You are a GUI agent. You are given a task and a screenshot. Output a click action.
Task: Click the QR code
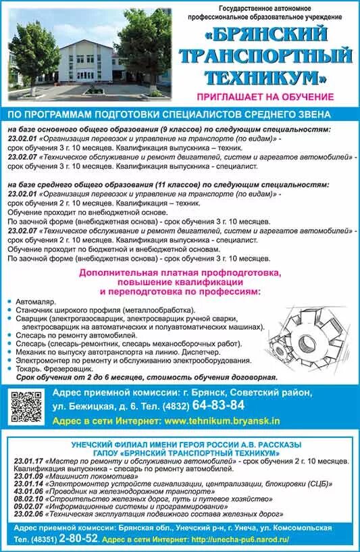tap(26, 407)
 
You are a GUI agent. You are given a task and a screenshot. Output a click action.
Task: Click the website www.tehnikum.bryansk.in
tap(222, 420)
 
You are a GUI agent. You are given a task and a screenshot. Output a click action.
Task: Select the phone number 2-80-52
tap(78, 538)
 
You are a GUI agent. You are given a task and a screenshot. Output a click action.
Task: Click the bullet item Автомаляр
tap(40, 301)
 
